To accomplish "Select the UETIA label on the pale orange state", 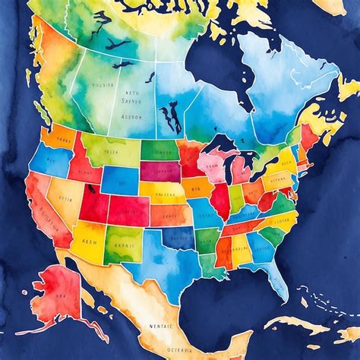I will click(x=66, y=199).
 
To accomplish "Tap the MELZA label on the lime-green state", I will click(x=111, y=151).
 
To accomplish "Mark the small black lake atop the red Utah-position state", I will click(x=91, y=188).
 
